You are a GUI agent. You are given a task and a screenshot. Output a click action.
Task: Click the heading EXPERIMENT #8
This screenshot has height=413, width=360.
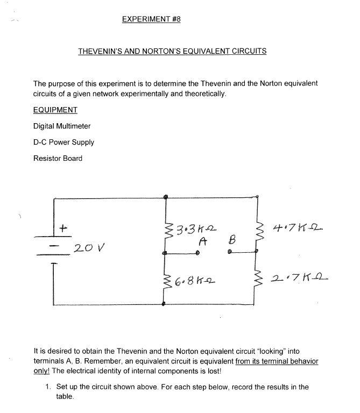click(151, 19)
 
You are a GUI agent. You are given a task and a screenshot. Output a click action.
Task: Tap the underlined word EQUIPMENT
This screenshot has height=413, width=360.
click(55, 110)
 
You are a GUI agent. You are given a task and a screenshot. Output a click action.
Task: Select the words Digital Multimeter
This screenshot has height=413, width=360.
click(62, 126)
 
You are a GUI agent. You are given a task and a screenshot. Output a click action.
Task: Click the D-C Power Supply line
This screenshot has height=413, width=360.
click(63, 142)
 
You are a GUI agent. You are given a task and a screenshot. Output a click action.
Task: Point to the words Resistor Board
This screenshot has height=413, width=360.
click(58, 158)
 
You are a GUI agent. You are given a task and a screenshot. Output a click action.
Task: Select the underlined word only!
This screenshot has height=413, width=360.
click(41, 371)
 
